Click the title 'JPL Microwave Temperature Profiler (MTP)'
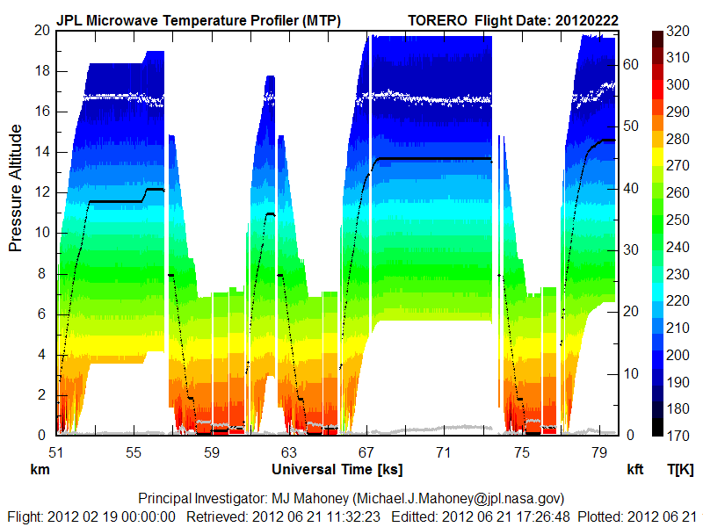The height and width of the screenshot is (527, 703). click(x=199, y=20)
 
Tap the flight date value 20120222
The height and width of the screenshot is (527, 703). click(x=591, y=20)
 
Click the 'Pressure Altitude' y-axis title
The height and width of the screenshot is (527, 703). click(x=16, y=188)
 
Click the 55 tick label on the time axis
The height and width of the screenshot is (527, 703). click(x=134, y=452)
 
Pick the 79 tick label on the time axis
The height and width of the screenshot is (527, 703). click(x=599, y=452)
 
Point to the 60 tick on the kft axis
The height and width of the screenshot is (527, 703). click(x=631, y=63)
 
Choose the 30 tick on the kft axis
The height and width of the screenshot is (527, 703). click(x=631, y=249)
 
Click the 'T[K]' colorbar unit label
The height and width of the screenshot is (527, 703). click(x=679, y=469)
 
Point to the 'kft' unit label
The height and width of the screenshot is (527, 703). click(x=634, y=469)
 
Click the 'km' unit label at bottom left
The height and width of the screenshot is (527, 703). click(x=39, y=469)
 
